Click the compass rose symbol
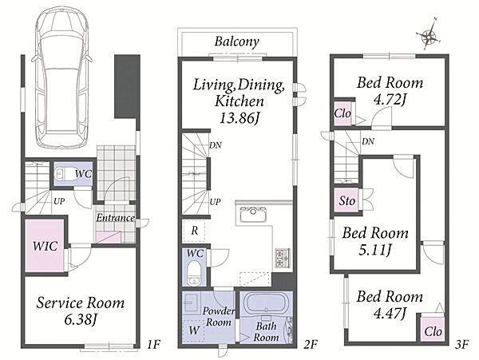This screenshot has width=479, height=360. pos(429,36)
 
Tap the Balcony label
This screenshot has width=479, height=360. pos(237,42)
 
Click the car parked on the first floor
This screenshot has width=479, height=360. pos(62,77)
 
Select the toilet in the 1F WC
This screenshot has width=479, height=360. pos(59,174)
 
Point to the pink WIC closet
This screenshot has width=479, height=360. pos(45,245)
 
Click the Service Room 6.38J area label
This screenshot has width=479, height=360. pos(81,311)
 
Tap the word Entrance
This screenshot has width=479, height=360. pos(116,218)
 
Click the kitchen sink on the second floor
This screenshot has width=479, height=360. pos(253,215)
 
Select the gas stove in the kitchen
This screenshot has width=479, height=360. pos(283,259)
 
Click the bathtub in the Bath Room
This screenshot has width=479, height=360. pos(266,303)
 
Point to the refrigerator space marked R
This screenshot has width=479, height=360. pos(194,231)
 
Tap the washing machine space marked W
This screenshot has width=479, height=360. pos(192,330)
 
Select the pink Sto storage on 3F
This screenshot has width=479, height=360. pos(346,200)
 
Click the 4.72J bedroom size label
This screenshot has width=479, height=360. pos(390,100)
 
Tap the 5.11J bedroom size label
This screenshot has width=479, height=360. pos(375,250)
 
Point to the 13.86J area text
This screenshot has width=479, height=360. pos(239,118)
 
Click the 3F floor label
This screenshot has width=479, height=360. pos(461,346)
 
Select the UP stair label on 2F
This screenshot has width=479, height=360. pos(215,202)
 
